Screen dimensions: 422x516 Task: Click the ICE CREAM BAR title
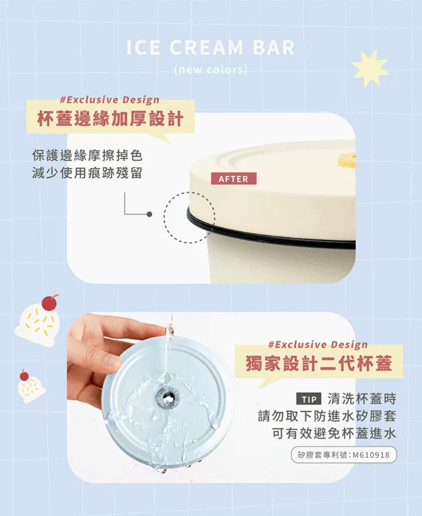point(210,47)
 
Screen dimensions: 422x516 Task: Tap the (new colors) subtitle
point(210,70)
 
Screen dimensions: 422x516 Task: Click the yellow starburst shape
point(370,68)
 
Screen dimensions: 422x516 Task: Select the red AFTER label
point(233,178)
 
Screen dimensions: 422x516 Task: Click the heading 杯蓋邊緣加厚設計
point(110,118)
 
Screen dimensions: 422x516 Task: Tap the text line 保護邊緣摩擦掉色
point(87,155)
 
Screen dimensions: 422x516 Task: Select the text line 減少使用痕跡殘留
point(87,173)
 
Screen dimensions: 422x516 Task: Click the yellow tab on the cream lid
point(347,160)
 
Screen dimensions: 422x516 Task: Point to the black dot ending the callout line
point(150,214)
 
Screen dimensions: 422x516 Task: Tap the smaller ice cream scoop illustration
point(31,387)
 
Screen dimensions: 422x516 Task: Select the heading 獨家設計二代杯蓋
point(319,364)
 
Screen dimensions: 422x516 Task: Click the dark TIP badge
point(309,400)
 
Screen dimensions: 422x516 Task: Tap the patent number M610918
point(371,455)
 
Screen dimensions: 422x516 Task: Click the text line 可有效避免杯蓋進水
point(334,434)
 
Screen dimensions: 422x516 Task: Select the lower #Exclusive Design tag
point(318,344)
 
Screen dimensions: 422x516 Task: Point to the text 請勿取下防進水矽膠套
point(327,416)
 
